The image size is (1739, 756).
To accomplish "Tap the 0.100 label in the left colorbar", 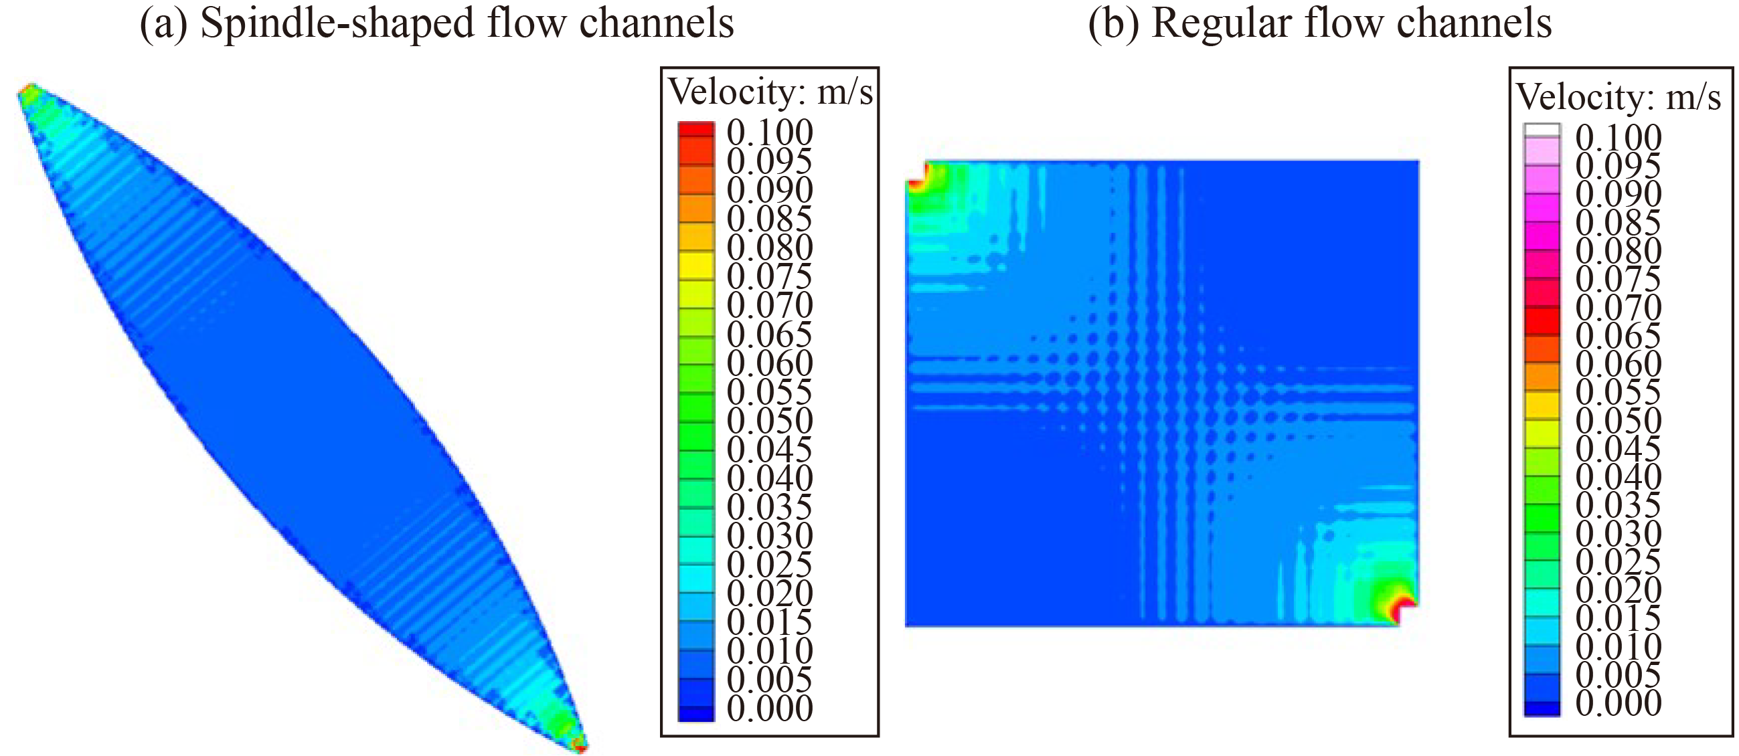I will coord(770,132).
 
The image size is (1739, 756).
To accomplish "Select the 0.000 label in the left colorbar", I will coord(770,708).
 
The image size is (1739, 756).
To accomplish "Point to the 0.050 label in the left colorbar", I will coord(770,420).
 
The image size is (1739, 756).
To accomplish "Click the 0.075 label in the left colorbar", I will coord(770,276).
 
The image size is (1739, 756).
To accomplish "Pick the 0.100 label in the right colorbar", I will coord(1618,137).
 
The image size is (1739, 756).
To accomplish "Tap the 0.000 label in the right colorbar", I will coord(1618,702).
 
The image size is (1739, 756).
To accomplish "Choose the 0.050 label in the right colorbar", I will coord(1618,420).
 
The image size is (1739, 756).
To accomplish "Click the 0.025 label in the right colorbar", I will coord(1618,561).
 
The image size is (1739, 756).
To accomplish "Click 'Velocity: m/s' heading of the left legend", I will coord(770,92).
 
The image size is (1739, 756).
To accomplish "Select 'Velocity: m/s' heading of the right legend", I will coord(1618,98).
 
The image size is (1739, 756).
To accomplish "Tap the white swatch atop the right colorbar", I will coord(1542,131).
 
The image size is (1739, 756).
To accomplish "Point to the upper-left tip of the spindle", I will coord(27,91).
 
